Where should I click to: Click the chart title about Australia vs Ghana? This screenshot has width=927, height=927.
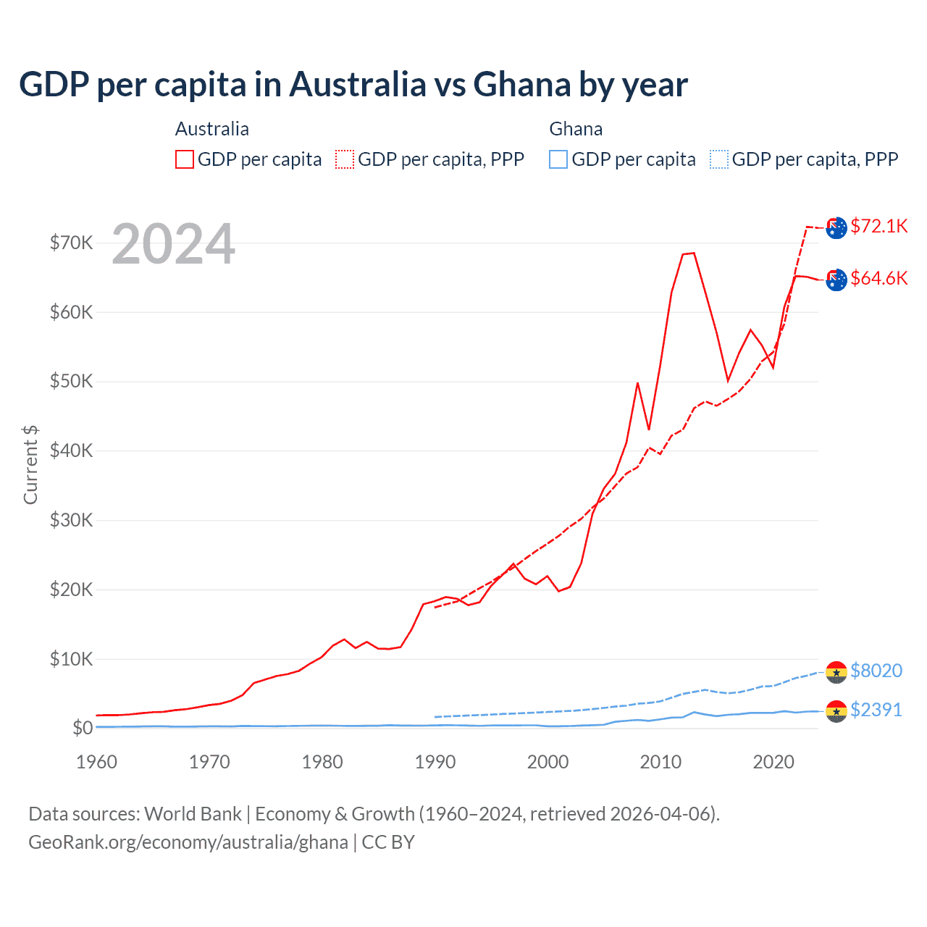353,85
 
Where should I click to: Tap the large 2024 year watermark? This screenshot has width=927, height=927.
173,244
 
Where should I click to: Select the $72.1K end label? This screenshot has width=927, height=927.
878,226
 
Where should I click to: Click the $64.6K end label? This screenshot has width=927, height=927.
878,278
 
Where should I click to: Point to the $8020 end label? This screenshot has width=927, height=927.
876,671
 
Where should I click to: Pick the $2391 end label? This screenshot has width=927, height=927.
876,710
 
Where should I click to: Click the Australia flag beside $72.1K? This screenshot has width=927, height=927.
836,227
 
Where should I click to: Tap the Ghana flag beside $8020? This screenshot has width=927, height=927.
836,672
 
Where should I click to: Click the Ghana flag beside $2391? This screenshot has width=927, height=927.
836,711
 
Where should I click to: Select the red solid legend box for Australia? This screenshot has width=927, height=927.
185,159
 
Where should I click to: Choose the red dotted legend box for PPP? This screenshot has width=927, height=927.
345,159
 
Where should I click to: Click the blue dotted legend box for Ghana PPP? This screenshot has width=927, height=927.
719,159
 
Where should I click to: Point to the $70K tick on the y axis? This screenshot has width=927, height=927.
71,243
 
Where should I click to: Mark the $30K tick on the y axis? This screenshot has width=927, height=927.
71,520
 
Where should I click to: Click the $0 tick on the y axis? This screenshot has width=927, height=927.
83,728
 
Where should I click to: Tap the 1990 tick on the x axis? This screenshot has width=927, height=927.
435,762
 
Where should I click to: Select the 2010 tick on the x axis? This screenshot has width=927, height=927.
660,762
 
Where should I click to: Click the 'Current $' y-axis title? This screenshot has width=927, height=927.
30,465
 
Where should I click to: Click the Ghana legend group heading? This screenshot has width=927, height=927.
576,129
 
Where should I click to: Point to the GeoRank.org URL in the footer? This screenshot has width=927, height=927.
188,842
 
